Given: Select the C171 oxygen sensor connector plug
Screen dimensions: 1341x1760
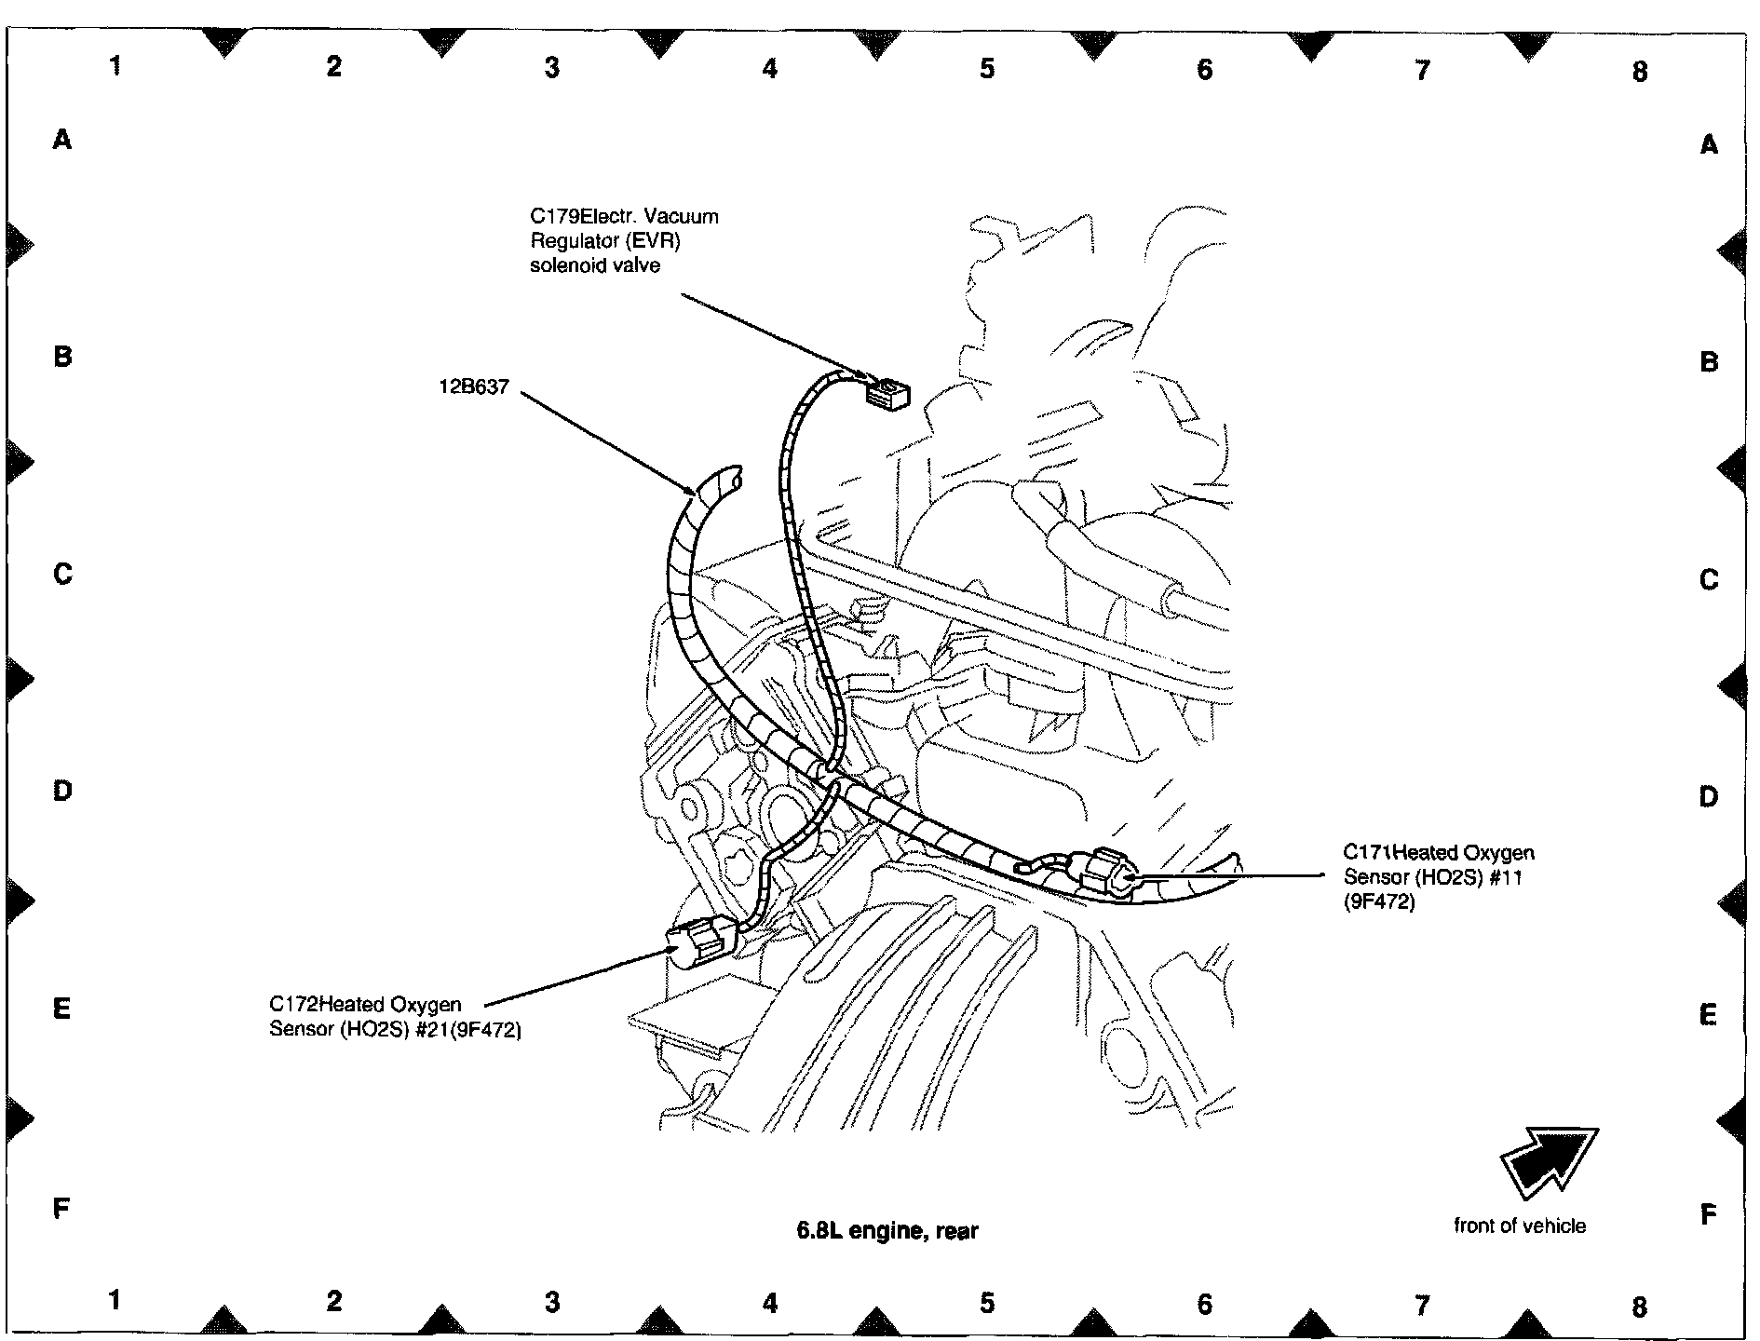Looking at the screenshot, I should pos(1108,870).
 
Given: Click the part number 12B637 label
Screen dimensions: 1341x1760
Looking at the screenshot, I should pos(474,387).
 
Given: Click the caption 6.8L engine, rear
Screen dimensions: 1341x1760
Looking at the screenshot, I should pos(887,1230).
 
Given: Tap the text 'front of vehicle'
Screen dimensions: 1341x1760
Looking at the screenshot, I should pos(1519,1226).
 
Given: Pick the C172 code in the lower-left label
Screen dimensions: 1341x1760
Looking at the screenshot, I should pos(294,1005).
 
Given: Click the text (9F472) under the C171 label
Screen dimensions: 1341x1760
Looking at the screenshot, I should pos(1378,901).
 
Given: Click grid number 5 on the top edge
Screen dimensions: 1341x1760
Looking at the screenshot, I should pos(987,68).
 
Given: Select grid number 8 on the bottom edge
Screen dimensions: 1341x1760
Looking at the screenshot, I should pos(1639,1307).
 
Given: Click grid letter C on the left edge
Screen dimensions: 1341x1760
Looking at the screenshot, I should pos(62,574).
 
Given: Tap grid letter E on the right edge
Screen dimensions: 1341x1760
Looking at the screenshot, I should pos(1707,1015).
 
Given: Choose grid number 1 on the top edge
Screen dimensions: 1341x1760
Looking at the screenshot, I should pos(115,65).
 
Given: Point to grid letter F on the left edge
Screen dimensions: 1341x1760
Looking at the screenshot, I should pos(61,1209).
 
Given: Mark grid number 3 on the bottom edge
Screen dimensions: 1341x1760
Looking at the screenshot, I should pos(552,1302).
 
